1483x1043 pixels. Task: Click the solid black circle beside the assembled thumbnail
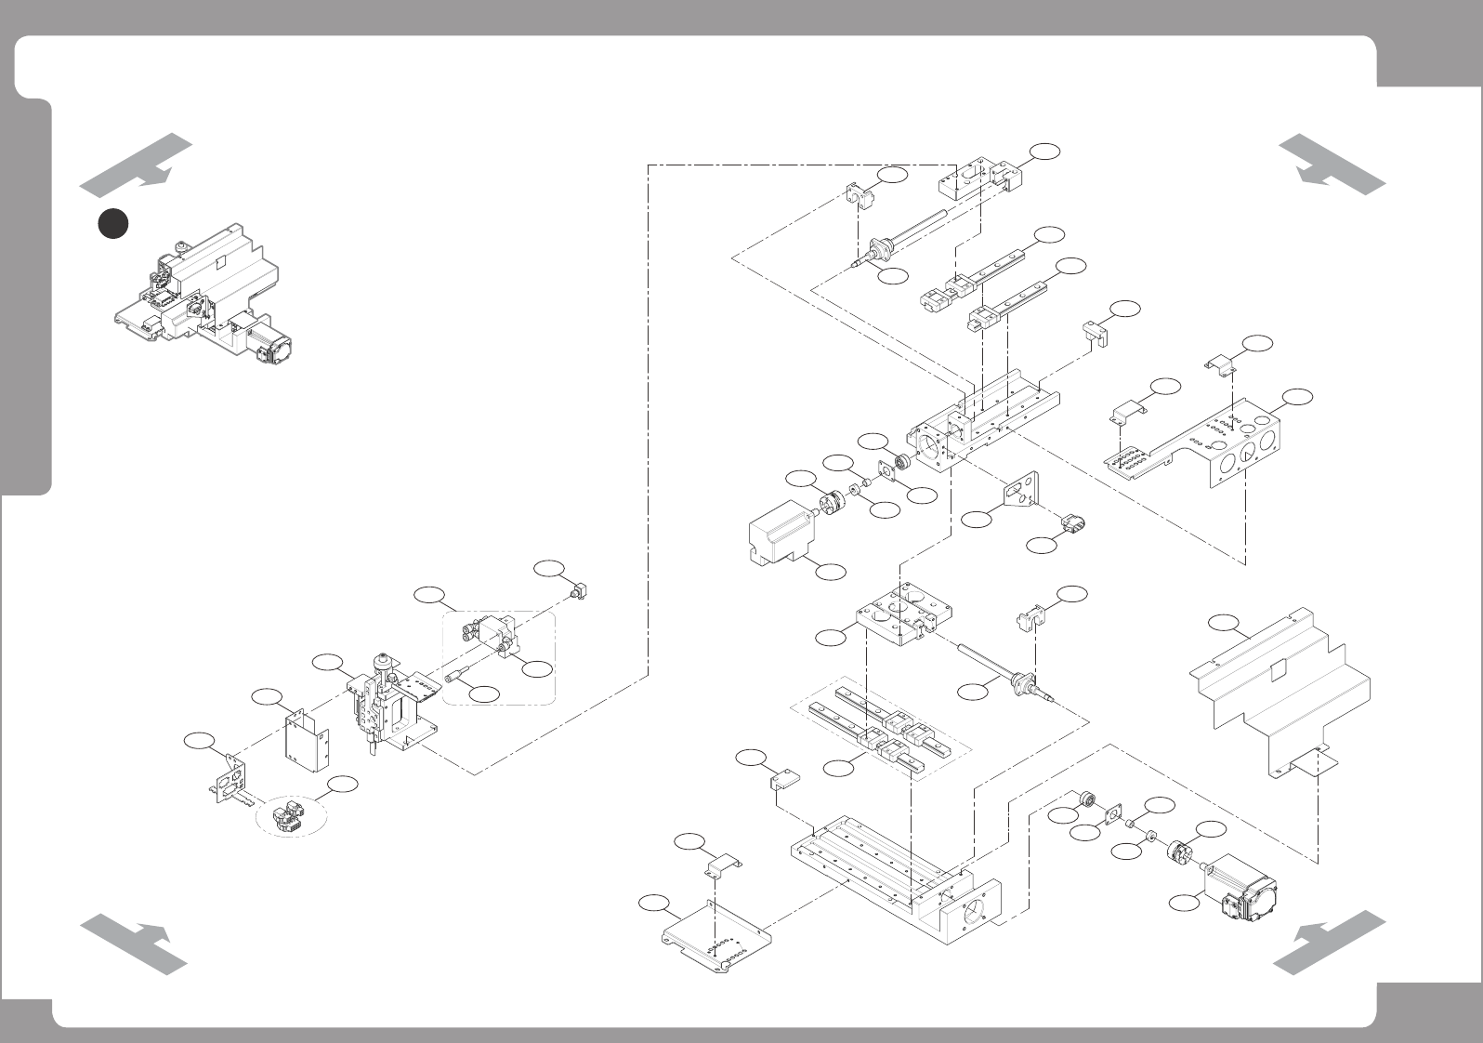[113, 223]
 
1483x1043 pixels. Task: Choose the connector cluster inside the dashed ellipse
[285, 816]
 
